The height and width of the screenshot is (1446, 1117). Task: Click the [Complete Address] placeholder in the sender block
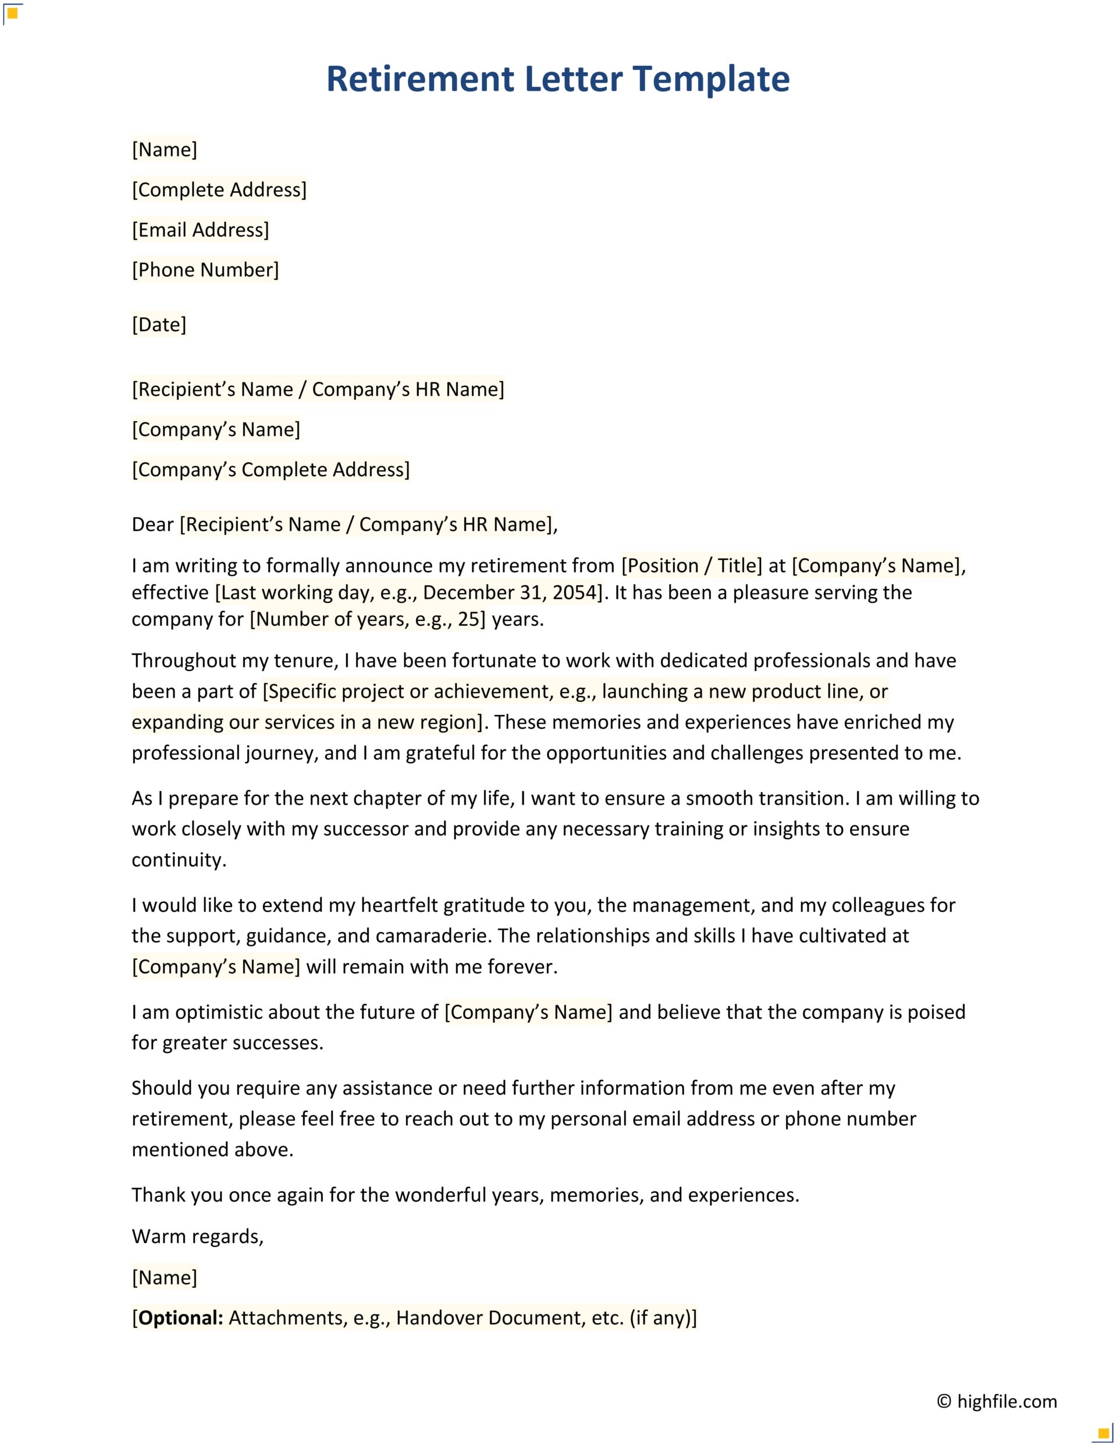point(219,190)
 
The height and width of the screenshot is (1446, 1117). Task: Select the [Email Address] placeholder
point(201,230)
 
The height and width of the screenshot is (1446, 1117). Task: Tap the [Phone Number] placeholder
point(205,270)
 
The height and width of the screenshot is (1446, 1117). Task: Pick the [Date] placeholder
point(159,325)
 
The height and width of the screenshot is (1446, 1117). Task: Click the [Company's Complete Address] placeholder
point(271,470)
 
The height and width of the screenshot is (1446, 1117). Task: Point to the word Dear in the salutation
point(152,524)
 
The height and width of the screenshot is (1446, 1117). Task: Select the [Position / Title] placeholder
point(691,566)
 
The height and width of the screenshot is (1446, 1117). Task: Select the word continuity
point(179,860)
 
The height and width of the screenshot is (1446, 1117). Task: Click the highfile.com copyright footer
point(997,1402)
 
